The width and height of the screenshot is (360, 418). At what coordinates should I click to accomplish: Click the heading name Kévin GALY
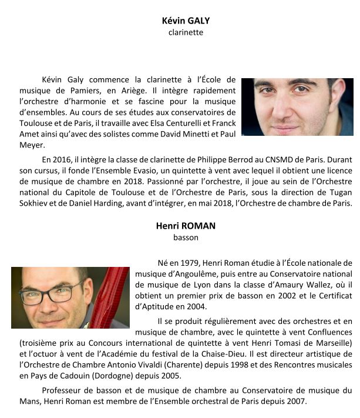[x=186, y=21]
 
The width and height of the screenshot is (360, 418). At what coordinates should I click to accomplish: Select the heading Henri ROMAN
[x=186, y=226]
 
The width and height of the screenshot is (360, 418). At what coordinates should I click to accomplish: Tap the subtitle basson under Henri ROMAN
[x=186, y=238]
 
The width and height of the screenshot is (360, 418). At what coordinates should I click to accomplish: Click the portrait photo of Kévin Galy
[x=297, y=107]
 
